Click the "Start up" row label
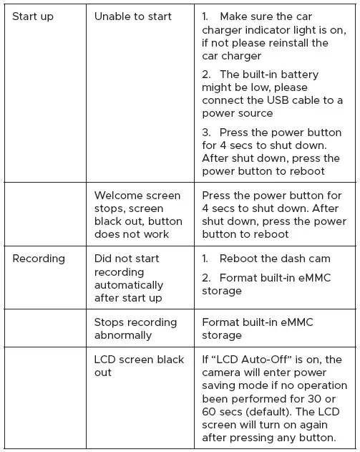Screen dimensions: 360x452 [33, 16]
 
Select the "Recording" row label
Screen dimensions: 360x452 [39, 259]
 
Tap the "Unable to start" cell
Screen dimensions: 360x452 [133, 16]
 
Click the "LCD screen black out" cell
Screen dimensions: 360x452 [139, 366]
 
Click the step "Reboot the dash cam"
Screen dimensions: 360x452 [275, 259]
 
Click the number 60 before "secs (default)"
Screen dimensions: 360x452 [210, 412]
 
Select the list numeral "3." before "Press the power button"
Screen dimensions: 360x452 [207, 133]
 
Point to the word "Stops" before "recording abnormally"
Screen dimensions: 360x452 [111, 322]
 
